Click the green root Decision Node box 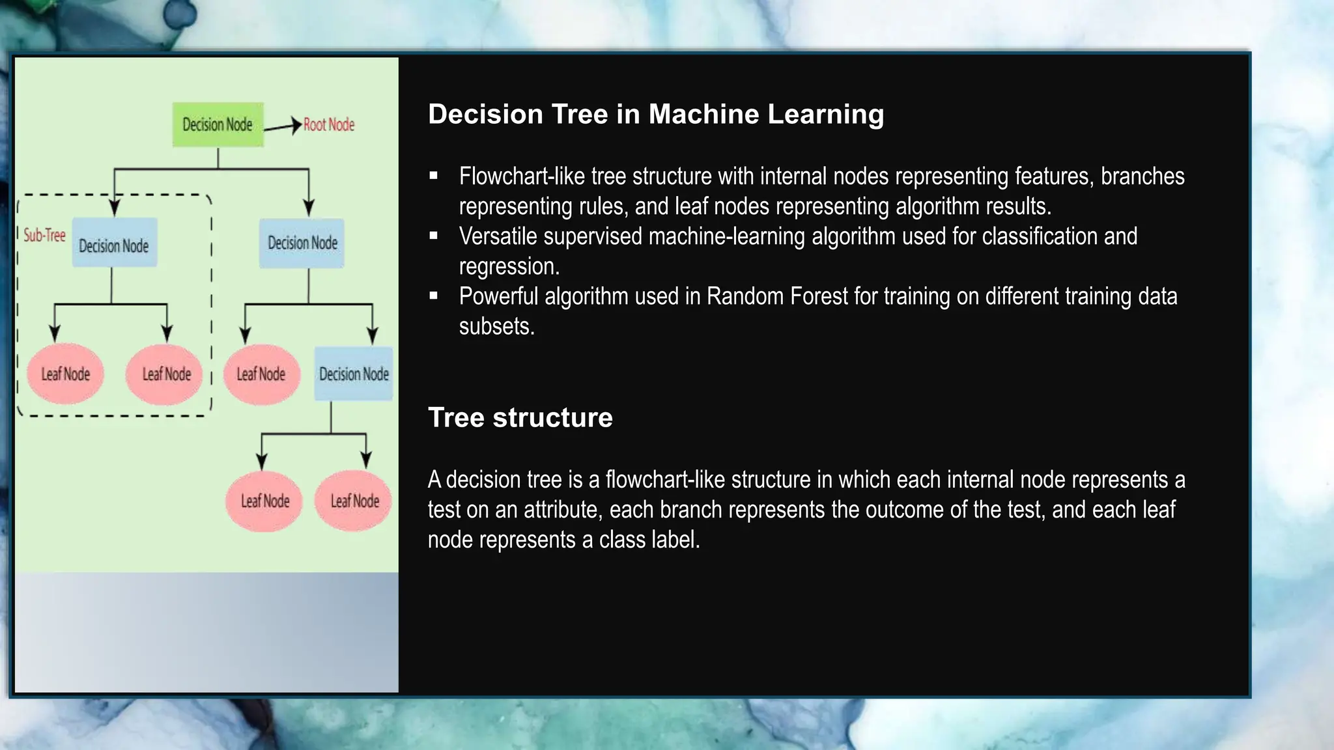click(x=218, y=124)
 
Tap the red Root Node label click(x=329, y=124)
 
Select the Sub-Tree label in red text click(x=44, y=235)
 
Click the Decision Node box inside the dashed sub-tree click(x=114, y=245)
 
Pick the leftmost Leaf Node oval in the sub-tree click(x=65, y=374)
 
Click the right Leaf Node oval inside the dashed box click(x=166, y=374)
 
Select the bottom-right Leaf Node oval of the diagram click(x=354, y=501)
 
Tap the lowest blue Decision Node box click(x=354, y=374)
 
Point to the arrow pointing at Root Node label click(x=283, y=126)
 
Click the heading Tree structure click(x=520, y=417)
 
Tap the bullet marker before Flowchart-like click(x=434, y=175)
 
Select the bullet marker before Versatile click(x=434, y=235)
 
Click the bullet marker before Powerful click(x=434, y=295)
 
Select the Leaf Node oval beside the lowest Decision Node click(x=261, y=374)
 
